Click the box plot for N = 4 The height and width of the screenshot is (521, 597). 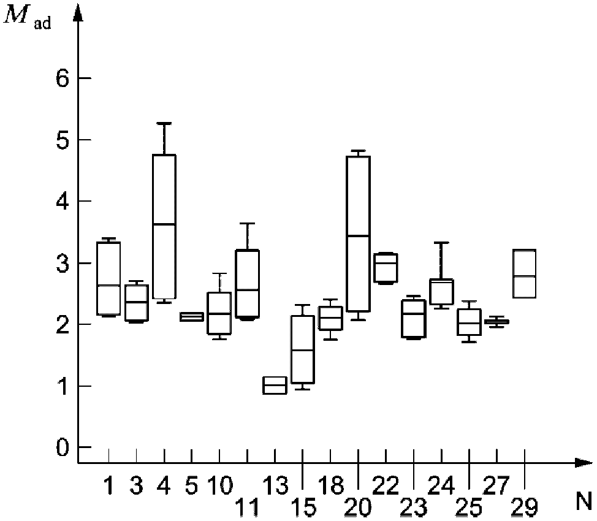(164, 226)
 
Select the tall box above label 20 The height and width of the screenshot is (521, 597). (358, 234)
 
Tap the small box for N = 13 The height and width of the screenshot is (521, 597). (274, 385)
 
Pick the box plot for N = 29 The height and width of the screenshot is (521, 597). (524, 273)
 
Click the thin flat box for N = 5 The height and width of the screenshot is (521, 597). (192, 317)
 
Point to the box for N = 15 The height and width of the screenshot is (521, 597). (302, 349)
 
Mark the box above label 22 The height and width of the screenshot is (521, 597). (386, 268)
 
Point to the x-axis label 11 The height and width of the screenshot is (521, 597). (247, 506)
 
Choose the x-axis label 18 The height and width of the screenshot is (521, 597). (331, 487)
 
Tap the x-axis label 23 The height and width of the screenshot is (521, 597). (414, 506)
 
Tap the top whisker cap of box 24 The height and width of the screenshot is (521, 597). (441, 243)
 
